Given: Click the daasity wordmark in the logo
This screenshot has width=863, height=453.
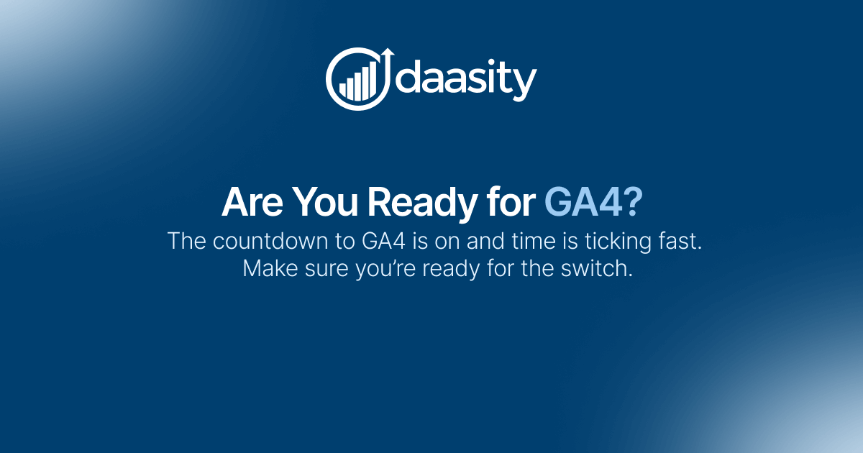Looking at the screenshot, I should (467, 79).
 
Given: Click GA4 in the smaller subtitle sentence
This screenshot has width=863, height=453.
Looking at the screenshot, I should (378, 241).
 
